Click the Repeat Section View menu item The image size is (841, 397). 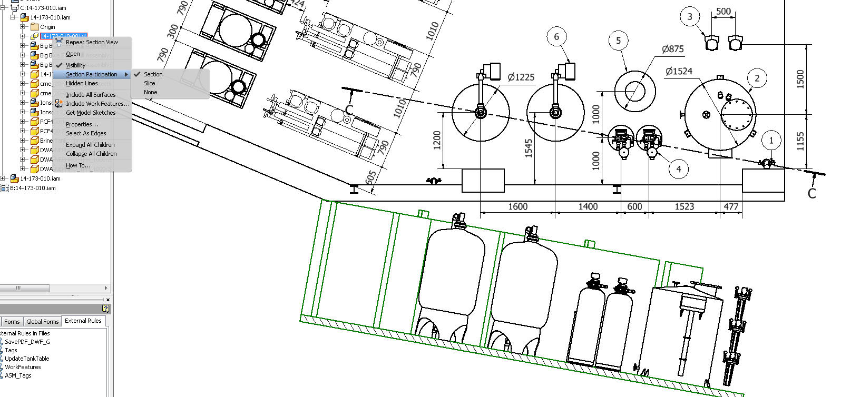point(92,42)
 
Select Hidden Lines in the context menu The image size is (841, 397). point(82,83)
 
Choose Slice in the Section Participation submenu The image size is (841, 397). point(150,83)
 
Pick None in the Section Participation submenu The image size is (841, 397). point(150,92)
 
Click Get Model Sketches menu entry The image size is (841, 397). point(91,113)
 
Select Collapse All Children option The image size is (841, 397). point(91,154)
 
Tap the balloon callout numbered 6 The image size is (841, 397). point(556,37)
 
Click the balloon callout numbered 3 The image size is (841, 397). point(690,17)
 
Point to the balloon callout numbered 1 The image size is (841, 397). point(771,141)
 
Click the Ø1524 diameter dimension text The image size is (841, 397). point(679,71)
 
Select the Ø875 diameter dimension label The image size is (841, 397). point(672,49)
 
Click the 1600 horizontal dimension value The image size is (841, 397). point(517,206)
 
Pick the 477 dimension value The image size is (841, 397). point(731,206)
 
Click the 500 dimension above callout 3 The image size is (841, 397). point(723,11)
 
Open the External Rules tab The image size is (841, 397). point(83,321)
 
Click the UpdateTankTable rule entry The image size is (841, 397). point(27,359)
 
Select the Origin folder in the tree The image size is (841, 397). point(47,27)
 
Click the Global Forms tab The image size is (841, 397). point(42,321)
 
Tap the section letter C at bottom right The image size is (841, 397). point(811,193)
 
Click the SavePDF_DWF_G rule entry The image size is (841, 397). point(27,342)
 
